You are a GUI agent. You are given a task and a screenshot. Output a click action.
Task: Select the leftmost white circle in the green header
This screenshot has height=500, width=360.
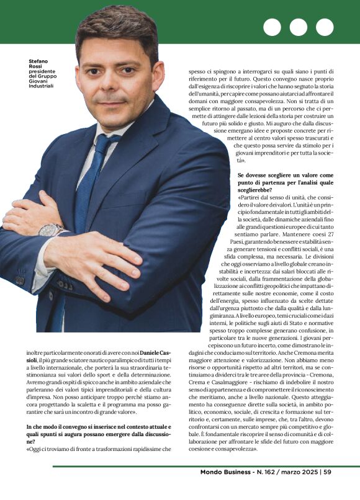coord(272,27)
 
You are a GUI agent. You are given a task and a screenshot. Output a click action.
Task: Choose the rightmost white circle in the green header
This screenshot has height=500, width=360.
coord(325,27)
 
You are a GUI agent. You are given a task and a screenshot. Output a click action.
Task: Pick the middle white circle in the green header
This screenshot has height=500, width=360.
coord(299,27)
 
